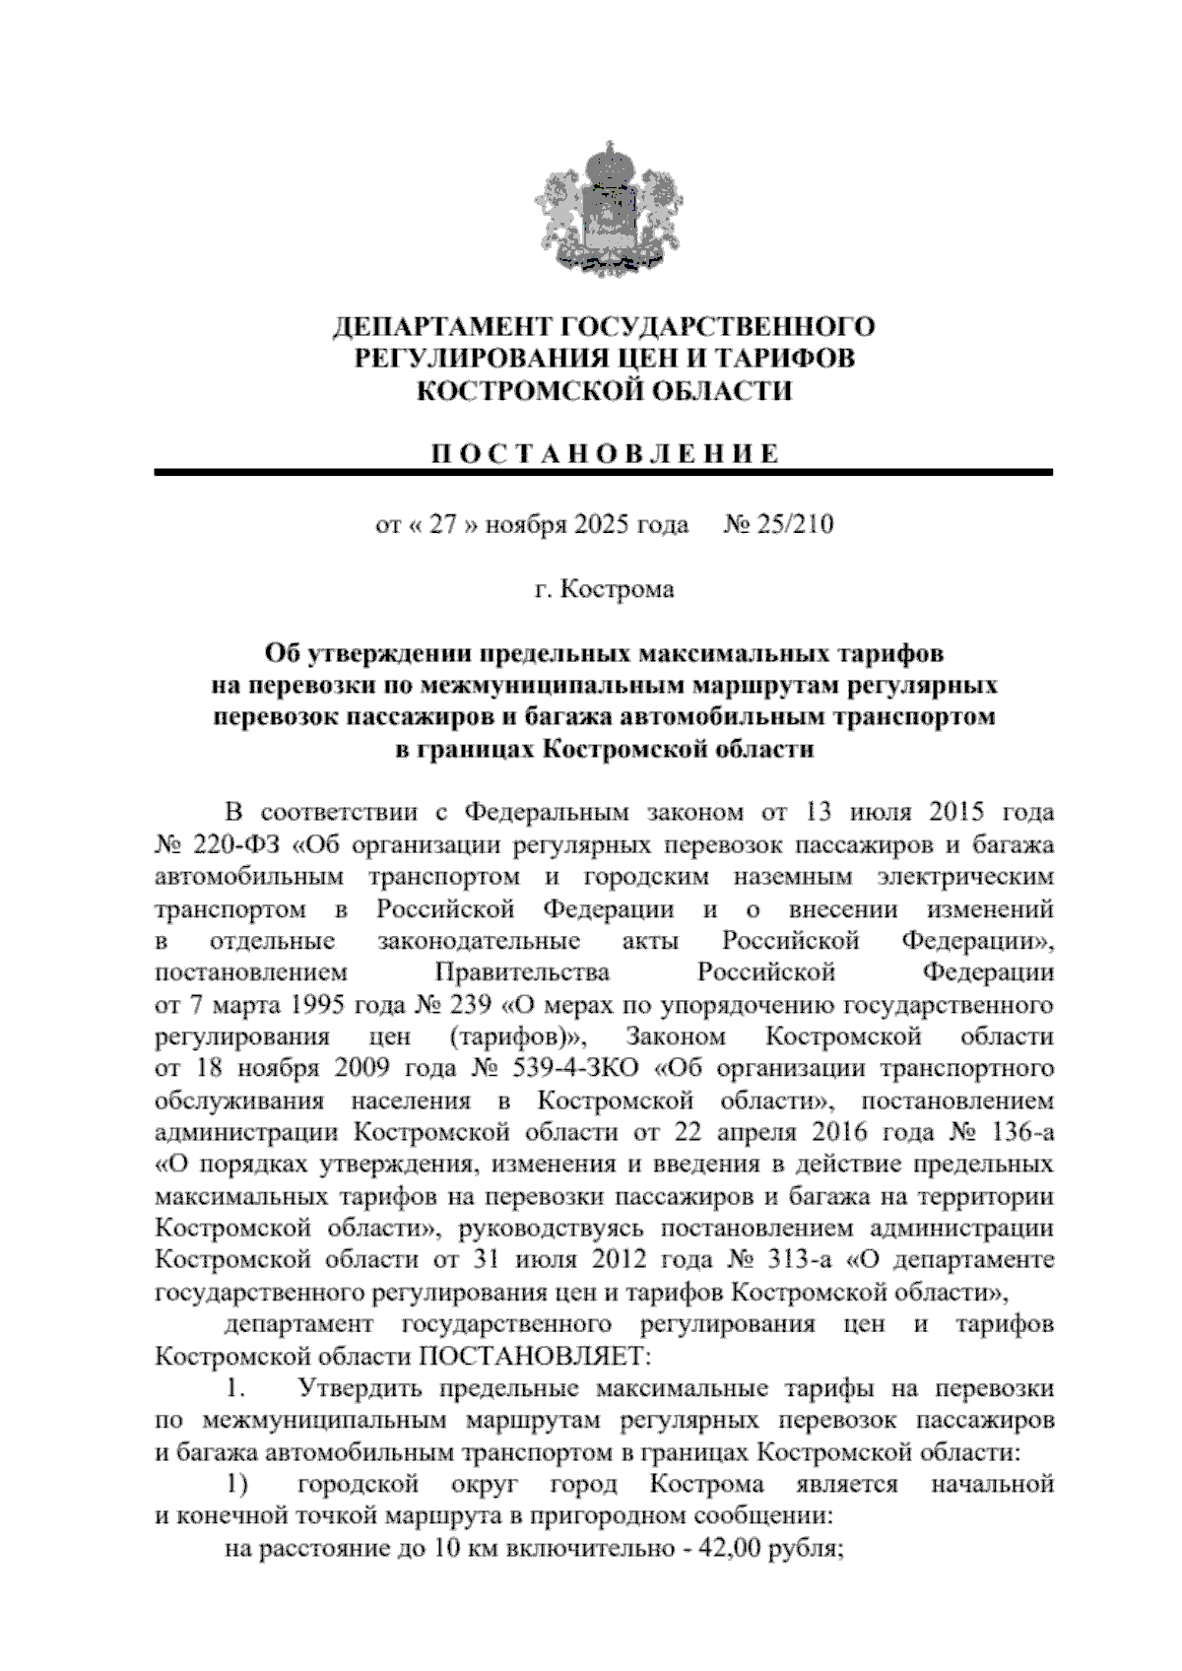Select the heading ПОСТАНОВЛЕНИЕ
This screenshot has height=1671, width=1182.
tap(604, 454)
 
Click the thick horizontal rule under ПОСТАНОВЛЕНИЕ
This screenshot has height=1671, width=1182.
tap(604, 474)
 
